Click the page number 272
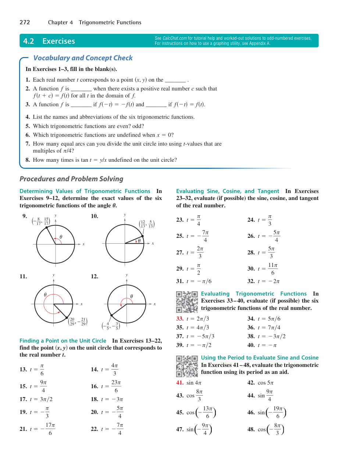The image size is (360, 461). click(x=25, y=22)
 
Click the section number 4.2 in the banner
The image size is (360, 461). click(x=28, y=41)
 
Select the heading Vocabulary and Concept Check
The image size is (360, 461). click(x=83, y=58)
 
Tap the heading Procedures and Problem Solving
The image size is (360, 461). click(x=71, y=179)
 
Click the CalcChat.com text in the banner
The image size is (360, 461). click(x=175, y=38)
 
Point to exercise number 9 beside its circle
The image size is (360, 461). click(x=25, y=216)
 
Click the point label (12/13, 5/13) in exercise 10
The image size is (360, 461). click(x=147, y=224)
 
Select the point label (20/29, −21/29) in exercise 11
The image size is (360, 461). click(x=78, y=322)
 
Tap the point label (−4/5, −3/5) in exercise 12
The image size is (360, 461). click(x=111, y=326)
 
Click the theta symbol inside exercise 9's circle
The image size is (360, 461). click(x=61, y=237)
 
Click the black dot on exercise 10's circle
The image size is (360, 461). click(x=143, y=236)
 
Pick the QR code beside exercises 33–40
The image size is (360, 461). click(x=187, y=302)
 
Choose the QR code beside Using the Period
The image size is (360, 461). click(x=187, y=366)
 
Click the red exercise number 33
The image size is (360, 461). click(x=180, y=319)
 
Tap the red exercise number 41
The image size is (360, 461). click(x=180, y=383)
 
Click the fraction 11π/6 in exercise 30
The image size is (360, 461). click(x=273, y=269)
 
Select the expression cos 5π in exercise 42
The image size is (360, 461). click(x=265, y=383)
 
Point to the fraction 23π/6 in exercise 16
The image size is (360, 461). click(x=116, y=386)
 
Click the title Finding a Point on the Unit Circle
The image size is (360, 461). click(x=63, y=341)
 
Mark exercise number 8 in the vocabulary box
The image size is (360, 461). click(x=28, y=160)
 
